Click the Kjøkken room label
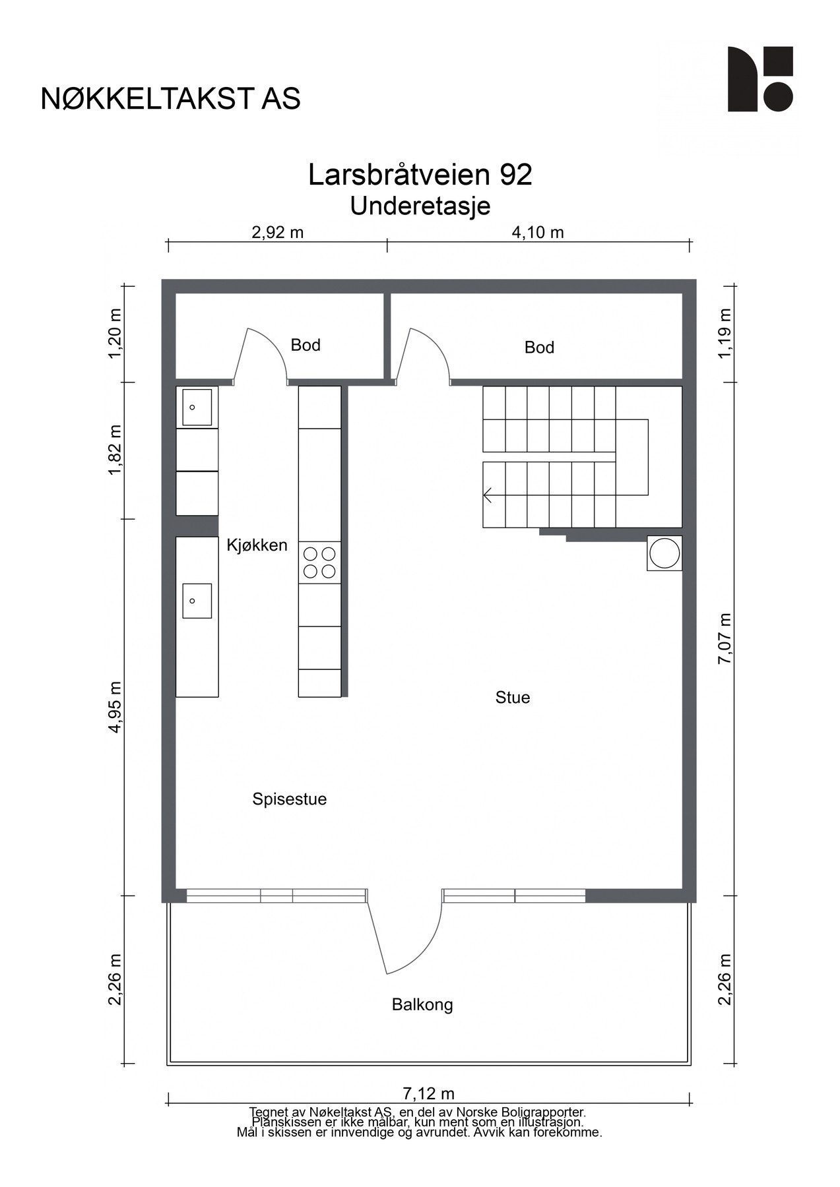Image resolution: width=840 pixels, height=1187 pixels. [257, 545]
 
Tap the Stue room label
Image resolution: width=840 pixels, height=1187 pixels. [513, 698]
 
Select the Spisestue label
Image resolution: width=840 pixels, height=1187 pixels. [289, 799]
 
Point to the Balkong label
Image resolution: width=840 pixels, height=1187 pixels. [422, 1005]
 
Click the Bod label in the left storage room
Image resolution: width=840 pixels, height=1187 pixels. [306, 345]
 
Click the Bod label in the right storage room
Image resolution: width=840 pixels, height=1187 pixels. [539, 348]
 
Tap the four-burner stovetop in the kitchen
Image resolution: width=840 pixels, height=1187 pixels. [319, 563]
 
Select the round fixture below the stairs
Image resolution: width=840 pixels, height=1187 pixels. [664, 553]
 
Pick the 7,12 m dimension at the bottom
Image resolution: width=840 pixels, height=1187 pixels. [428, 1094]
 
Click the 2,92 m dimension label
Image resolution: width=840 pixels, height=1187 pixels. [277, 232]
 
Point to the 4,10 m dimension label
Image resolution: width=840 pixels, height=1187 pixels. [538, 232]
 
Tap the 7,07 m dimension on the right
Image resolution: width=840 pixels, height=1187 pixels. [725, 639]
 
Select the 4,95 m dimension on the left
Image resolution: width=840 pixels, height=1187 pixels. [116, 707]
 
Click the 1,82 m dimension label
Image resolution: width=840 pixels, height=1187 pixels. [116, 449]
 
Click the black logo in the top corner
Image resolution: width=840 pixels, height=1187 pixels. [759, 79]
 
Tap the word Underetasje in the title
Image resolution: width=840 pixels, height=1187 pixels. [420, 206]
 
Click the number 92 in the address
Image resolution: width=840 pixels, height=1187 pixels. [515, 175]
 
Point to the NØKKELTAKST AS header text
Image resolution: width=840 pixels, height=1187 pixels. [170, 99]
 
